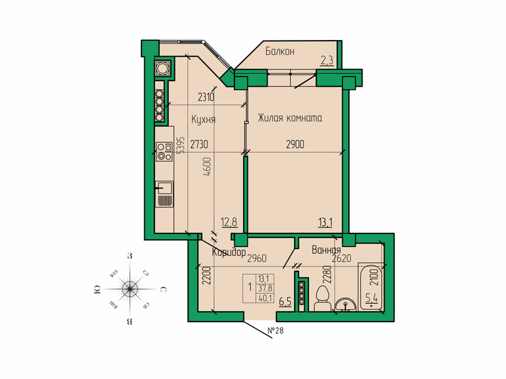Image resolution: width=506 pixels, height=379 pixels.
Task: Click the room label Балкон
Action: point(279,51)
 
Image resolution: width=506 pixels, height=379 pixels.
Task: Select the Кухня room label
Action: point(203,119)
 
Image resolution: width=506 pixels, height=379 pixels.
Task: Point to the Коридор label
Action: point(228,252)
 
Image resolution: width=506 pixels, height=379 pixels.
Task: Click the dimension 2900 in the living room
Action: point(294,143)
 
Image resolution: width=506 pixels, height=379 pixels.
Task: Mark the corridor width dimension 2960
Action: point(257,258)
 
